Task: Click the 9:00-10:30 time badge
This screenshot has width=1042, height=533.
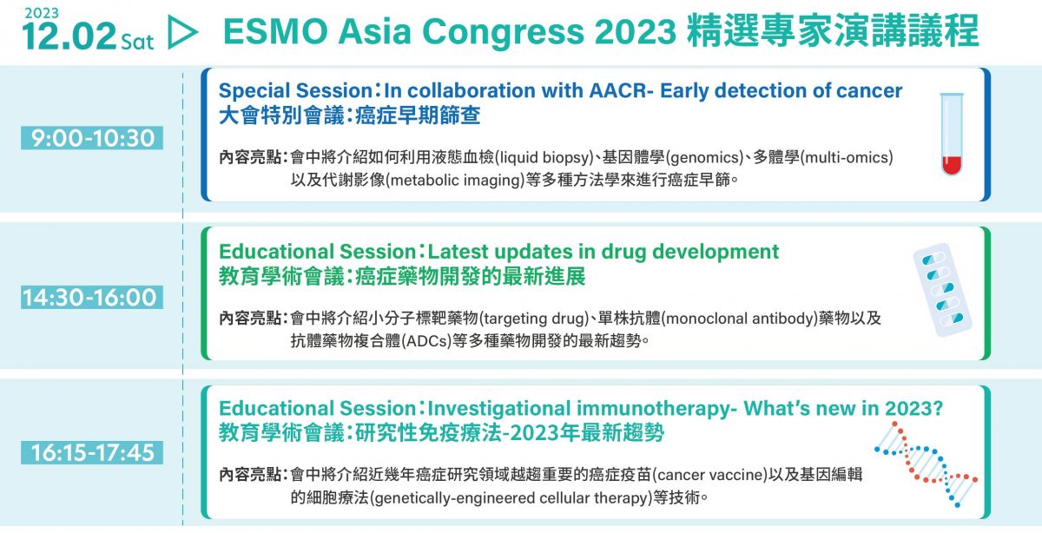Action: click(x=92, y=138)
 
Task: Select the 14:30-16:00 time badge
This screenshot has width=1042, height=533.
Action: click(x=92, y=297)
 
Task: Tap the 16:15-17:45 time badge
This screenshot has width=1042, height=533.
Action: click(x=92, y=452)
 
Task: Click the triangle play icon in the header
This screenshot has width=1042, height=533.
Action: click(x=182, y=31)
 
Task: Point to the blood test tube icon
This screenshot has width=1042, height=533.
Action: click(x=952, y=134)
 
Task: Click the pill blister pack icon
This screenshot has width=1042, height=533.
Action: click(x=942, y=290)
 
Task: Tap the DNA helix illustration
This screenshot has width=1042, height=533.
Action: click(x=927, y=464)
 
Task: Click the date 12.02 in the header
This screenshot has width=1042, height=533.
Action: click(x=69, y=36)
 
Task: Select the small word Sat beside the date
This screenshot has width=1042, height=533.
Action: click(x=137, y=42)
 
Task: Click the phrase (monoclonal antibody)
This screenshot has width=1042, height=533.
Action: click(x=739, y=319)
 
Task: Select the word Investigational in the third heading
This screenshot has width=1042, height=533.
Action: click(x=498, y=408)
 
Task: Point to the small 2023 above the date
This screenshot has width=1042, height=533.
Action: click(x=42, y=13)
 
